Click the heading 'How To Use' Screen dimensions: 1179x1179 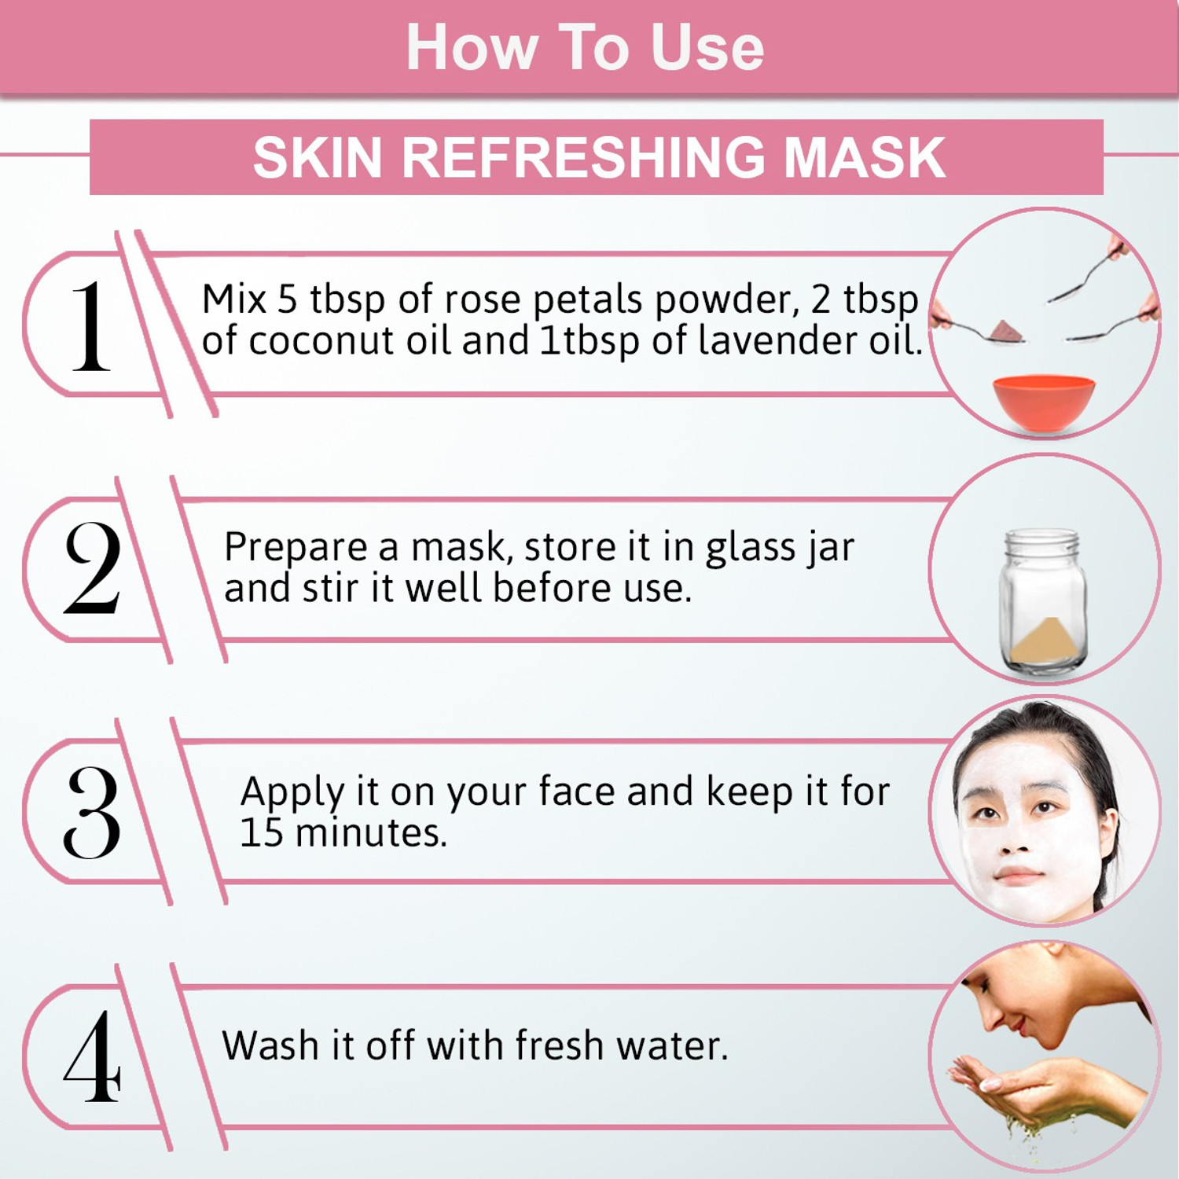click(x=585, y=47)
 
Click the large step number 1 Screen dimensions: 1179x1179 click(x=91, y=325)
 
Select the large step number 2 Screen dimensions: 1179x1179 click(x=92, y=567)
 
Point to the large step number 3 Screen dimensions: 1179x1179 click(x=92, y=812)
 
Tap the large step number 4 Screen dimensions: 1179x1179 click(x=92, y=1056)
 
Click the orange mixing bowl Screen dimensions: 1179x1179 click(x=1043, y=402)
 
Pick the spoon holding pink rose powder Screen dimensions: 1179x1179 click(x=979, y=329)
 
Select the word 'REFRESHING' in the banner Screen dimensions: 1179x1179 click(x=582, y=157)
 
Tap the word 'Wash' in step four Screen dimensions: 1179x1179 click(x=270, y=1045)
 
